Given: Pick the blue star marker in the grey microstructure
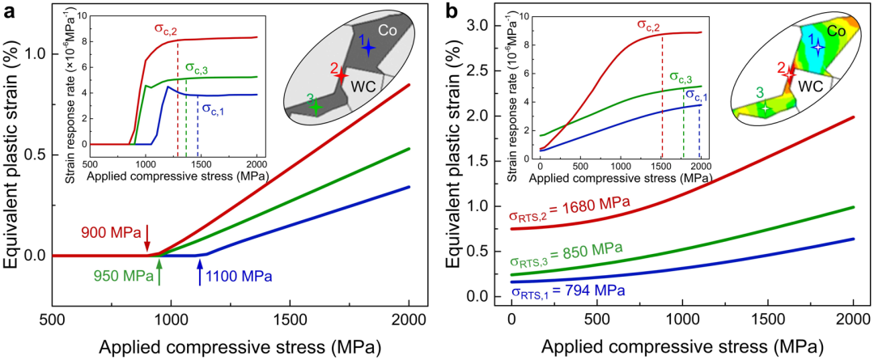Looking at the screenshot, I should point(368,49).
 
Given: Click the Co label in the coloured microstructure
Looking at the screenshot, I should point(837,31).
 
